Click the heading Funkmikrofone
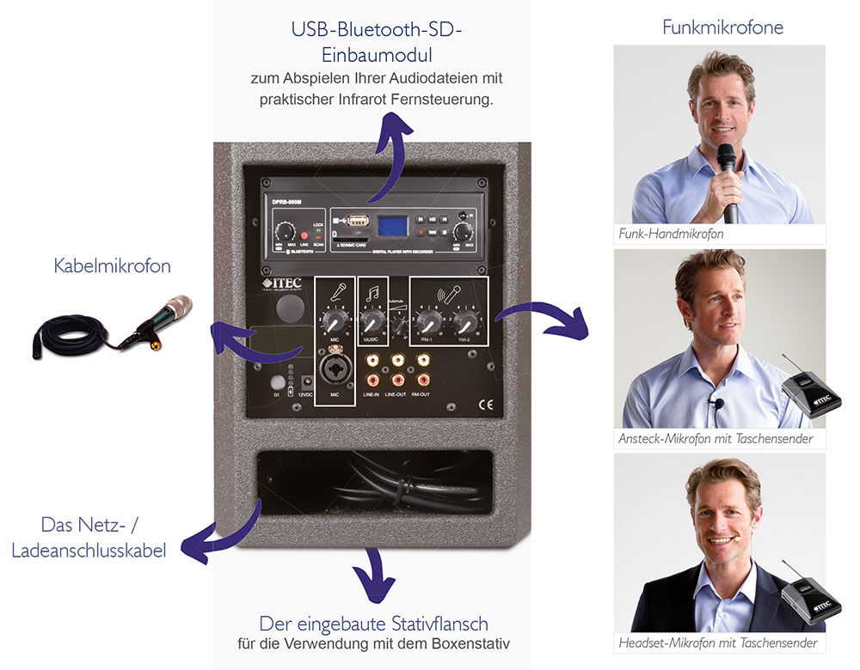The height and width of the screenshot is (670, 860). point(722,27)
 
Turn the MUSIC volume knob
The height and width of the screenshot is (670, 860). point(372,323)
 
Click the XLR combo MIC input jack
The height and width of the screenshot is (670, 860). point(335,371)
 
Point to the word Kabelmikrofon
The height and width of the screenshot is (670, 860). point(113,266)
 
